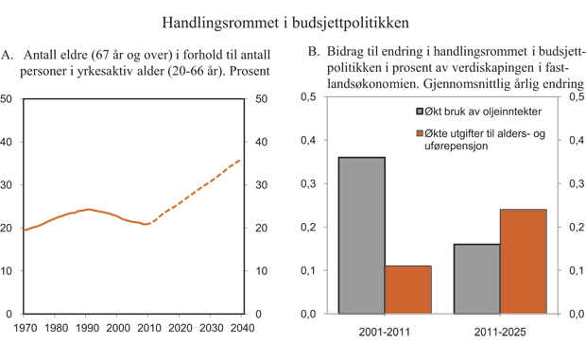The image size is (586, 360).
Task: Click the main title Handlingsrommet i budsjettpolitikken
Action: [x=292, y=20]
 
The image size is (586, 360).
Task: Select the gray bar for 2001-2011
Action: [x=362, y=235]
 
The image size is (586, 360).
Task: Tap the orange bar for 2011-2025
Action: [x=523, y=262]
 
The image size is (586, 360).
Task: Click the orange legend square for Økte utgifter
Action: [x=408, y=136]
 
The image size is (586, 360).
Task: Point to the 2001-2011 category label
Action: [x=385, y=332]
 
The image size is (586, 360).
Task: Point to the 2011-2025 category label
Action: [x=499, y=332]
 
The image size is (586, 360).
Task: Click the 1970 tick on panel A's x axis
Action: [x=26, y=328]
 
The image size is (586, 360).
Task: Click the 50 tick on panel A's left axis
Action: [x=7, y=98]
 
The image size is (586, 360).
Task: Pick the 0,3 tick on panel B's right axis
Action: [x=574, y=184]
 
